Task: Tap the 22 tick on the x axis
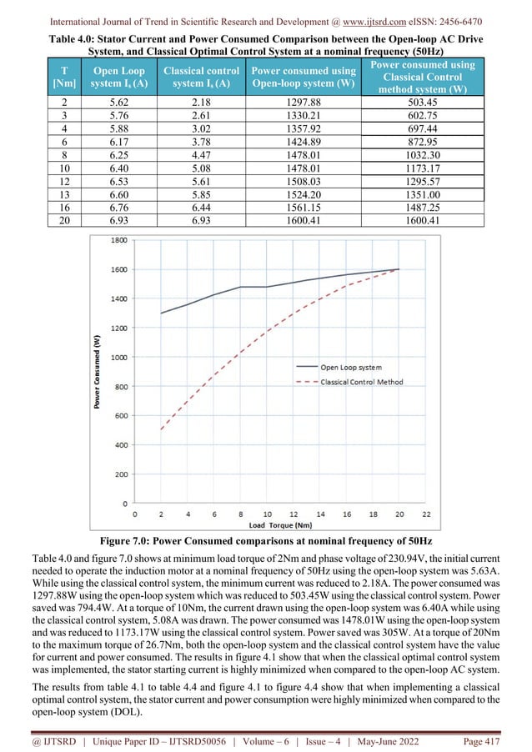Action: click(426, 514)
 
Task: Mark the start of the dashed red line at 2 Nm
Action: click(161, 430)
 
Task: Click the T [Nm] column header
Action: click(62, 77)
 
